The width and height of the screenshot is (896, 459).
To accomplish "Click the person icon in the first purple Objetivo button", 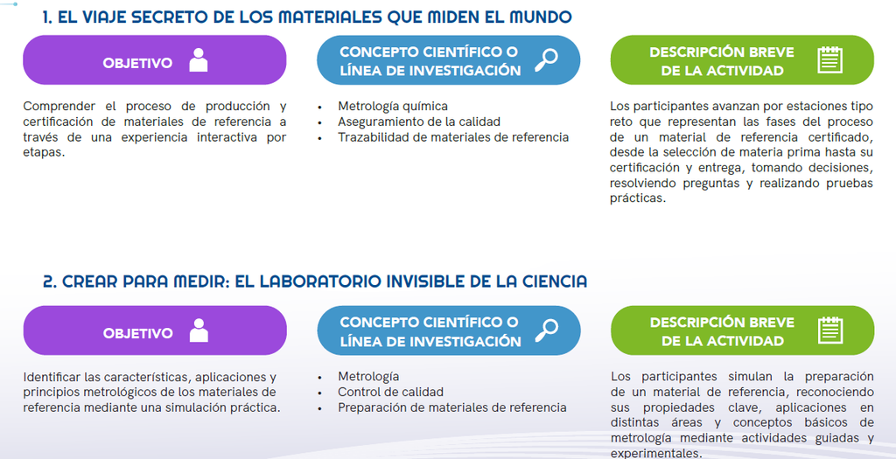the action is click(x=199, y=60).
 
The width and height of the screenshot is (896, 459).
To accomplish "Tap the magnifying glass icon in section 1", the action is click(x=546, y=60).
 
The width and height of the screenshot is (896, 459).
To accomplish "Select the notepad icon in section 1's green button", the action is click(x=829, y=60).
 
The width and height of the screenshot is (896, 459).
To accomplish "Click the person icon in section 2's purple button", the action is click(x=199, y=330).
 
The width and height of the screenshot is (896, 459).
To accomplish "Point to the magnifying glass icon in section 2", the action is click(x=546, y=330).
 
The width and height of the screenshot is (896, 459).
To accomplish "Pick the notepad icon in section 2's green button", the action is click(x=830, y=330).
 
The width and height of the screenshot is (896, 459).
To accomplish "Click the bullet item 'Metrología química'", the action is click(x=393, y=106).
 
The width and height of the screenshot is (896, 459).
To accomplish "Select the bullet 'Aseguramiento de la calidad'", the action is click(x=419, y=122).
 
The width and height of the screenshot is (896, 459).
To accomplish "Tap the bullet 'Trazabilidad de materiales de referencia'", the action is click(x=453, y=137).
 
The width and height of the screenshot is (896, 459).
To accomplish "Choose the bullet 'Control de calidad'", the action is click(x=390, y=392).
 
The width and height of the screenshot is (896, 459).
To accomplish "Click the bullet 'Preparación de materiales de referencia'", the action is click(x=452, y=407).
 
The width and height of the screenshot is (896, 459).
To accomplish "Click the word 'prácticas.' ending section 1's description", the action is click(x=638, y=198).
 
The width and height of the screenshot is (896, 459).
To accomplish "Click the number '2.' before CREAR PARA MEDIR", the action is click(x=50, y=282).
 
